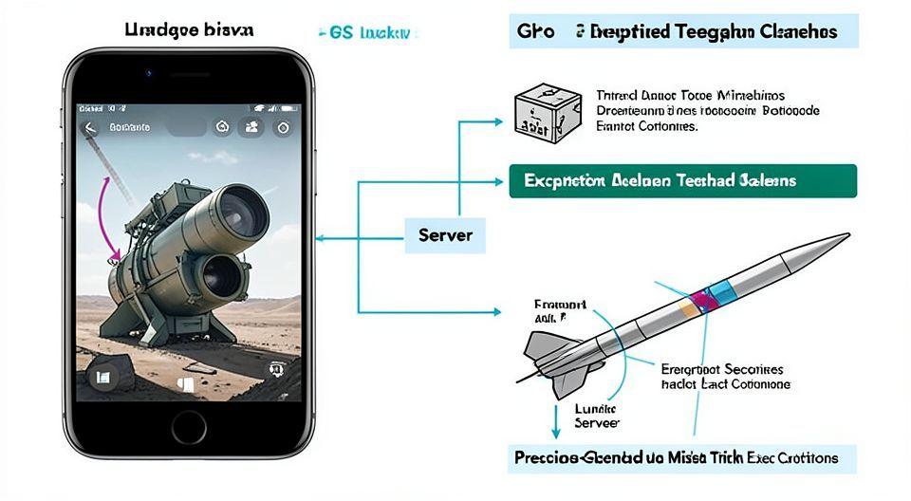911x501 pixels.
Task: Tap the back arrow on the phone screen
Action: [90, 127]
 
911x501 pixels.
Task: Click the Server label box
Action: [444, 234]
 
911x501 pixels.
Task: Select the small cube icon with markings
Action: [538, 111]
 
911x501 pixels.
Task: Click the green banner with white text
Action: [682, 180]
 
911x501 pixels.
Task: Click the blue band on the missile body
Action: [719, 290]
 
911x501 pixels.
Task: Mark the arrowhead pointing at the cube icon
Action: [500, 121]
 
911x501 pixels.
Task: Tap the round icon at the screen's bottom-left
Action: [102, 378]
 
